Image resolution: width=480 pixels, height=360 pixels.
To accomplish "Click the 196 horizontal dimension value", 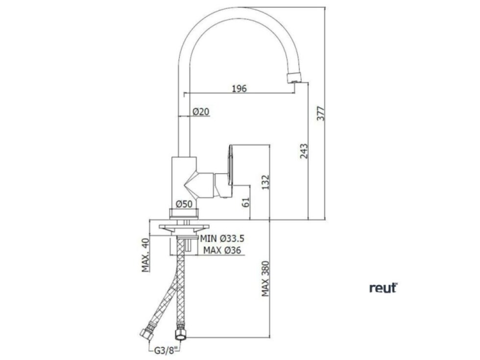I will coord(239,89).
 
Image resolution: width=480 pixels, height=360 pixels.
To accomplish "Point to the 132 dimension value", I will coord(265,182).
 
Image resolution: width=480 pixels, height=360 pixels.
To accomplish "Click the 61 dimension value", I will coord(246,201).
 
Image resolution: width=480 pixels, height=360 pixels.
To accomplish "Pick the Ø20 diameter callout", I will coord(201,112).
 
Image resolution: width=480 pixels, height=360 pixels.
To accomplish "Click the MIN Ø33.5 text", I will coord(222,239).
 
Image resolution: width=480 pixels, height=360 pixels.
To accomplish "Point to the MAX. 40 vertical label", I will coord(145,255).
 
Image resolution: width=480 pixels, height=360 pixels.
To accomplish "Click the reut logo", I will coord(383,288).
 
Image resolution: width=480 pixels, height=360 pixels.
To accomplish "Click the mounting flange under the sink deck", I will coord(184,227).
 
